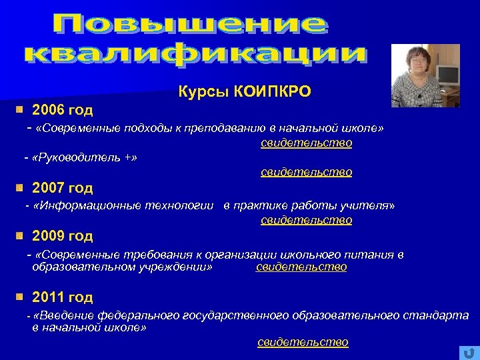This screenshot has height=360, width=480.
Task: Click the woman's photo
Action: point(425,76)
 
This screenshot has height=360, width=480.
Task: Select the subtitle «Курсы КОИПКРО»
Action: point(245,91)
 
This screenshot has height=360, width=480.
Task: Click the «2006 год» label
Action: point(63,109)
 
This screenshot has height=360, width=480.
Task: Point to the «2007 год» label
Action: point(63,188)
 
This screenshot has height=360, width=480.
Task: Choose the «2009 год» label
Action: point(63,236)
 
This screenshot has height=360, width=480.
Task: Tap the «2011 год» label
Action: point(63,297)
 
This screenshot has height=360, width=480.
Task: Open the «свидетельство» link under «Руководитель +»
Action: point(307,172)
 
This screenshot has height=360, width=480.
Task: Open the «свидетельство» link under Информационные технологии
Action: point(307,220)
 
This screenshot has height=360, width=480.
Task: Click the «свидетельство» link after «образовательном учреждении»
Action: point(301,267)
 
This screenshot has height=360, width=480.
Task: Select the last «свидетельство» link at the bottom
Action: point(303,342)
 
